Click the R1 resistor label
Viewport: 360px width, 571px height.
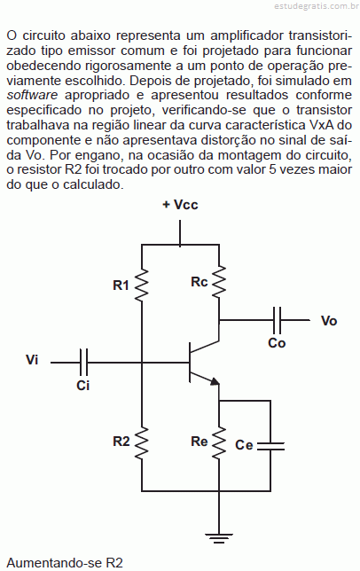pos(121,285)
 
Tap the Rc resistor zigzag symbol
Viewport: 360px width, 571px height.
pos(219,281)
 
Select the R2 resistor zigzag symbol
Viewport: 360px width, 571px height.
pos(142,443)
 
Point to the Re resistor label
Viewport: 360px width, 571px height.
pos(200,442)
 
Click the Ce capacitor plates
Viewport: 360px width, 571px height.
pos(270,447)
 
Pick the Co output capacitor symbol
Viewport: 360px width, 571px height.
pos(277,320)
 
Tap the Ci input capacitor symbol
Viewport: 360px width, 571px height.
pos(83,363)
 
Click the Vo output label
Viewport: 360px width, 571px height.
pos(329,321)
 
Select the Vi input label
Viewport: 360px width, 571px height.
pos(32,360)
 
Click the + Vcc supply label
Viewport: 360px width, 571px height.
pos(180,205)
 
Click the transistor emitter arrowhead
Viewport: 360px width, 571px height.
pos(215,381)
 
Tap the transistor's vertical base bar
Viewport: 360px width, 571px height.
pos(190,363)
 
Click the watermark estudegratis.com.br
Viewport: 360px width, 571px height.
pos(316,6)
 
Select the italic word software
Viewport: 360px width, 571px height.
pos(32,95)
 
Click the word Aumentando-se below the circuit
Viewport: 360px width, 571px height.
pos(54,563)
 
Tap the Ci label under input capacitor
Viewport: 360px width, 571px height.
pos(83,386)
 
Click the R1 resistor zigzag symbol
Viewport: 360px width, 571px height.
pos(142,285)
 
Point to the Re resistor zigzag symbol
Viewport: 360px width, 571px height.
pos(219,443)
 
